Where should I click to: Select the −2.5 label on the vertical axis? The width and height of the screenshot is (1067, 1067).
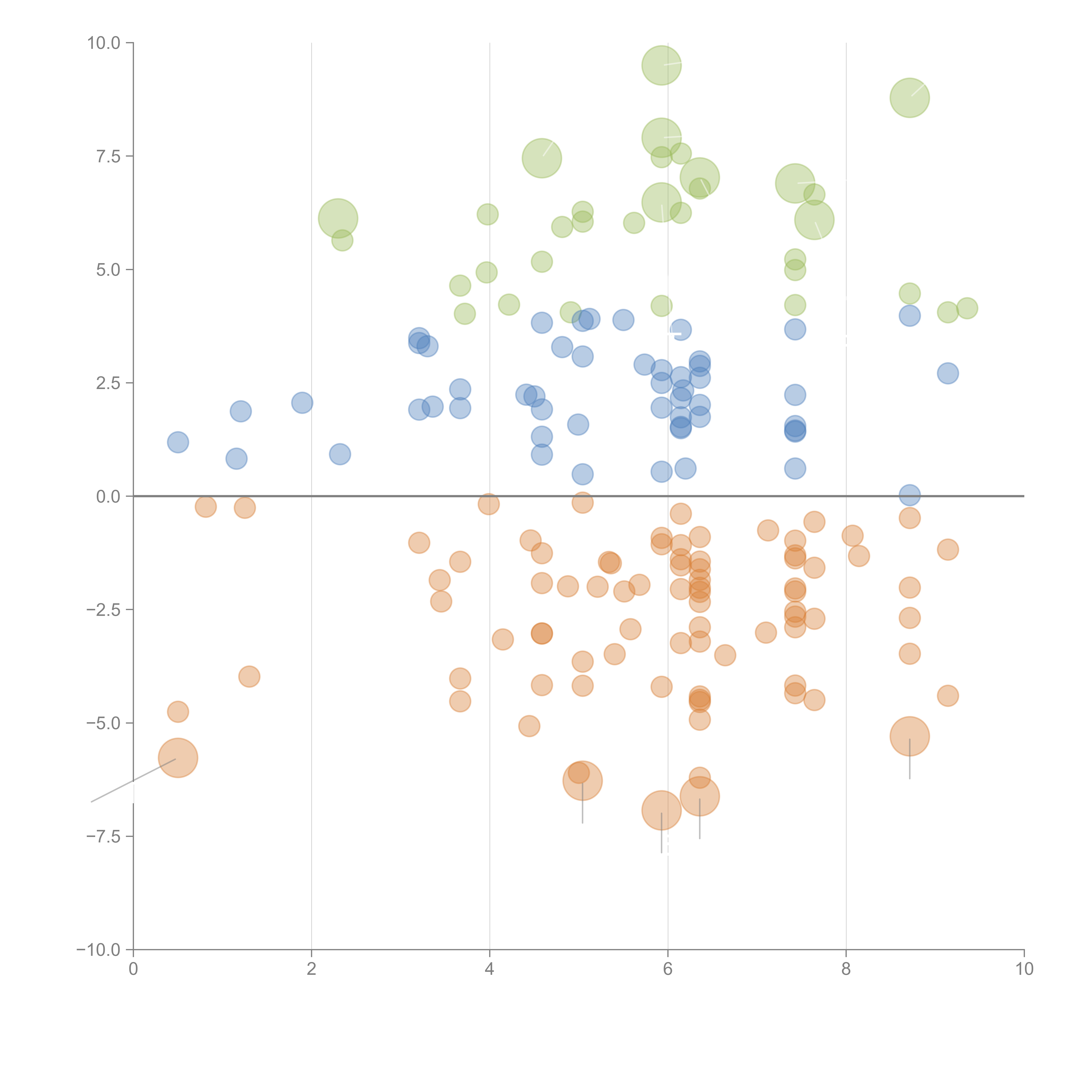point(103,610)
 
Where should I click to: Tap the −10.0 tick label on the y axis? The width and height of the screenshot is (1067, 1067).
point(98,950)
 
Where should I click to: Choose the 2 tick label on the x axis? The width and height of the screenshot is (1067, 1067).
point(312,969)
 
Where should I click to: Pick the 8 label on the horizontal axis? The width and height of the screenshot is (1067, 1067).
point(846,969)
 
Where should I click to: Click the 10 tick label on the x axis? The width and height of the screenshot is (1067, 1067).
point(1024,969)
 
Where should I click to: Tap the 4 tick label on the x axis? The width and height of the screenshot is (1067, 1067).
point(489,969)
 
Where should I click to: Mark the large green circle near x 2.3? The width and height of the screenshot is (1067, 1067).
point(338,218)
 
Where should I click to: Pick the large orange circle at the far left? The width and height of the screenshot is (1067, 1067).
point(178,758)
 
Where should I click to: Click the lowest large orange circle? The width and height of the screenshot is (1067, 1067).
point(661,810)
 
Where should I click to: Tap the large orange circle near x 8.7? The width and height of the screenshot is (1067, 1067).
point(910,736)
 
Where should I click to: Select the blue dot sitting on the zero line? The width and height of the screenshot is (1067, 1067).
point(910,495)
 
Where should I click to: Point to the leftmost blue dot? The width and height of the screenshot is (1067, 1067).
point(178,442)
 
